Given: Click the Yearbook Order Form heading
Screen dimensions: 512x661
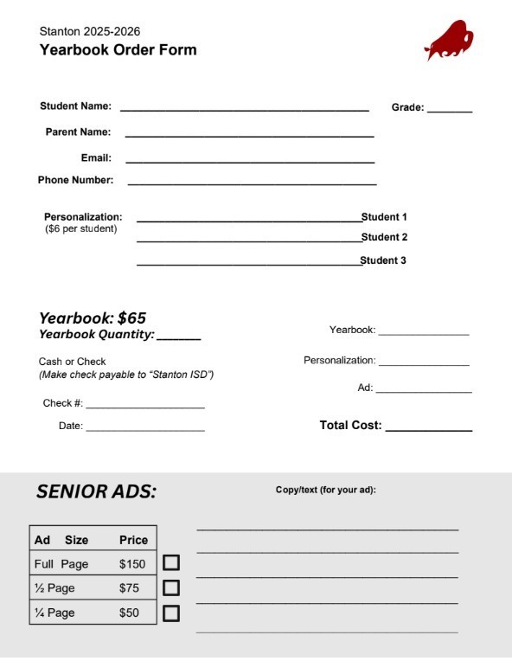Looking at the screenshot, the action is [x=118, y=50].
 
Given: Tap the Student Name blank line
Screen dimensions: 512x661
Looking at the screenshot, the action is [x=244, y=109].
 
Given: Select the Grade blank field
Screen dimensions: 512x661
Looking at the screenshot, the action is [x=449, y=111].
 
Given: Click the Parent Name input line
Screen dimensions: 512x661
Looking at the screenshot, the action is [x=249, y=135].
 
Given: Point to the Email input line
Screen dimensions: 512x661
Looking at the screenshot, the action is [x=249, y=161].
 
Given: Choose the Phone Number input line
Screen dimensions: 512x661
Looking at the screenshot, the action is [x=252, y=183].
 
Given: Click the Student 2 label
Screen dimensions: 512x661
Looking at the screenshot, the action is [x=384, y=237].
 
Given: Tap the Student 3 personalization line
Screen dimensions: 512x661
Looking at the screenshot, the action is [x=248, y=263].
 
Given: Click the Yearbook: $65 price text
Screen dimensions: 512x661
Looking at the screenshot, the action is [x=93, y=318].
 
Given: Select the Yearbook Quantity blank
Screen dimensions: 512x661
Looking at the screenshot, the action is [x=178, y=337].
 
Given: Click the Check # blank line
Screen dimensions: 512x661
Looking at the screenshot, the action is [x=144, y=407].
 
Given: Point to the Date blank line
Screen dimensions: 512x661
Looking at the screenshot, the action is [x=144, y=429].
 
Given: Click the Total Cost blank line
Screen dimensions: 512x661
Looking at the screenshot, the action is [x=428, y=429].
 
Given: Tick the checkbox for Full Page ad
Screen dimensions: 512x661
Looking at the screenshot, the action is [x=171, y=562].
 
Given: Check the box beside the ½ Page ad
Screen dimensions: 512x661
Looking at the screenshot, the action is [x=171, y=587].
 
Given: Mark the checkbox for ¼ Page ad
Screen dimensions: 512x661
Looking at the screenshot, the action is [x=171, y=613].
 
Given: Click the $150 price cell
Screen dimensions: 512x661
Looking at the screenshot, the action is [x=133, y=564].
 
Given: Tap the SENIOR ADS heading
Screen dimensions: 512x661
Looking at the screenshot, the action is [x=96, y=492].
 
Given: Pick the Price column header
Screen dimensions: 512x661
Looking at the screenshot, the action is [x=133, y=540].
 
